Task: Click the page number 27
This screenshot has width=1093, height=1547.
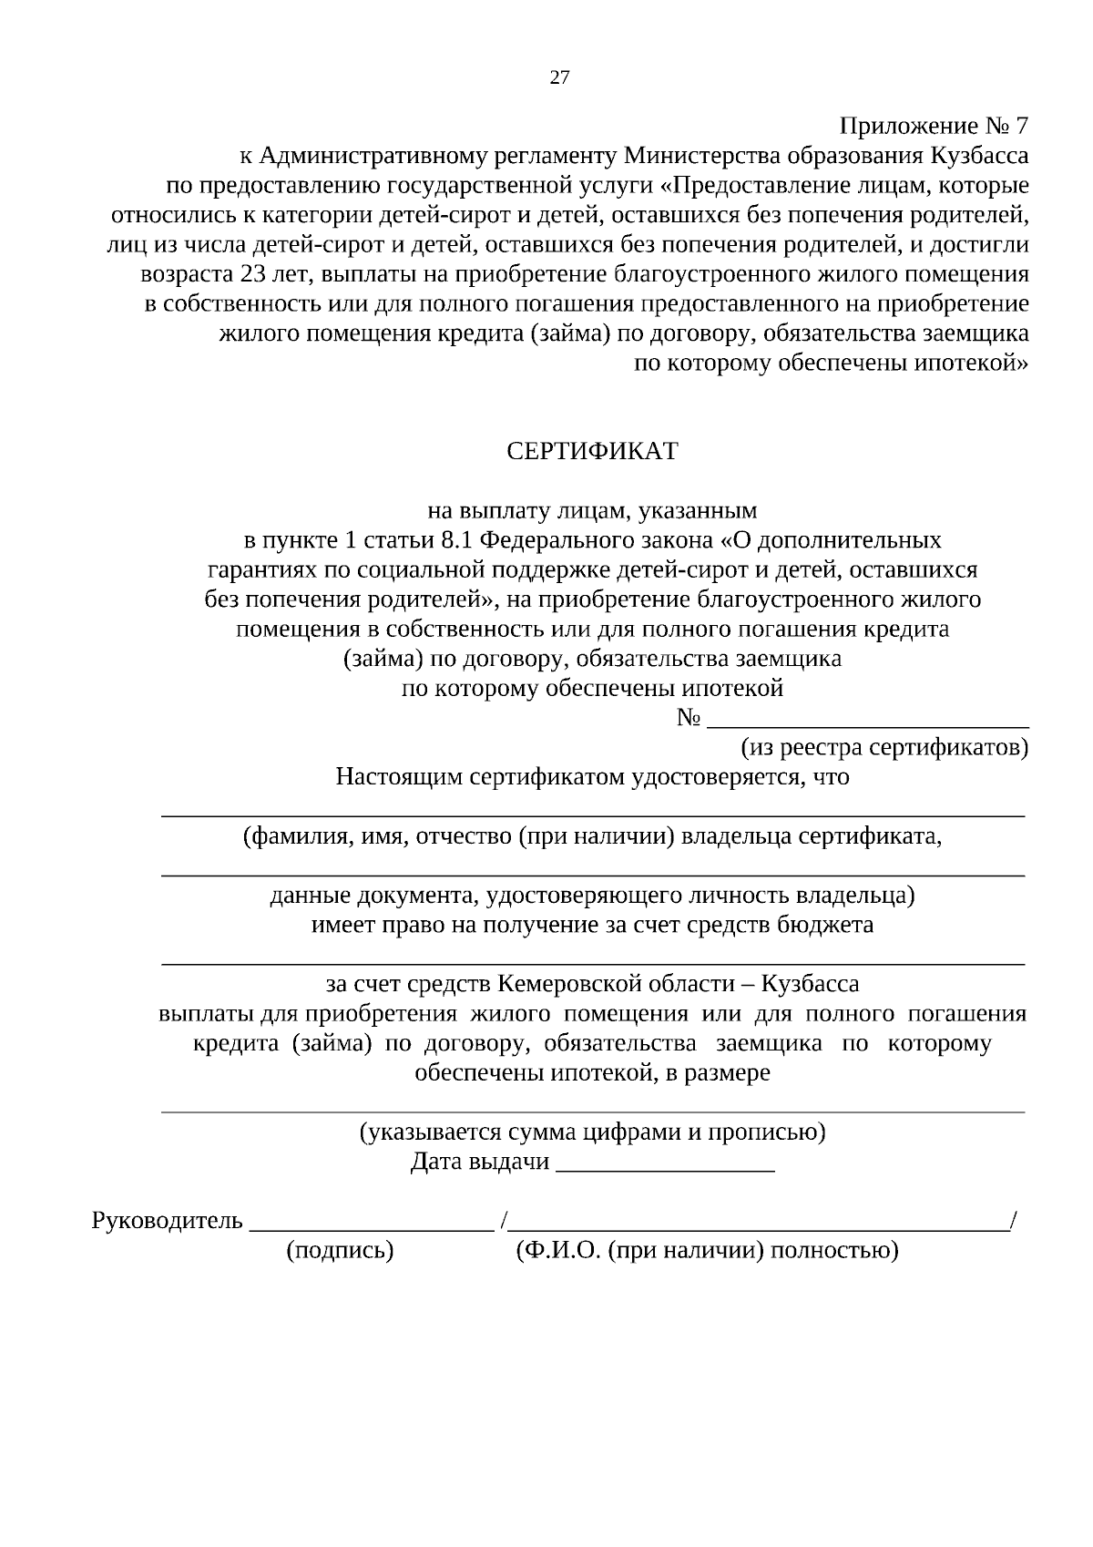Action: point(559,77)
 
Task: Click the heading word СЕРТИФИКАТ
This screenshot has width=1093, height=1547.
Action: point(592,452)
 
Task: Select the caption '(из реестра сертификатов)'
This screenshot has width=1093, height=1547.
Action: point(884,748)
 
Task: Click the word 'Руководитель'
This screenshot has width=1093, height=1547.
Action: point(168,1221)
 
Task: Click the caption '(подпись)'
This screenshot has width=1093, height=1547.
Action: point(340,1251)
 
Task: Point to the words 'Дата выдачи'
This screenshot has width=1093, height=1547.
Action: point(480,1162)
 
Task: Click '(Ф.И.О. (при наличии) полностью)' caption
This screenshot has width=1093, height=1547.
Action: point(707,1251)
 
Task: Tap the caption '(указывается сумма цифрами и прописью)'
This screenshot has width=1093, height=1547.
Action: point(592,1132)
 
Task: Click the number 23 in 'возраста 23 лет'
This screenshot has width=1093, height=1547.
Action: point(252,274)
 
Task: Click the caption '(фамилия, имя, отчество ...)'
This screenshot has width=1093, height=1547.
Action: point(592,836)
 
